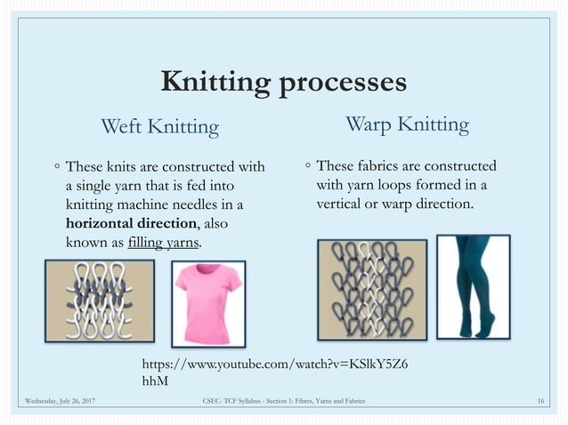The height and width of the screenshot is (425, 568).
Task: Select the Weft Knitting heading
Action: pyautogui.click(x=160, y=126)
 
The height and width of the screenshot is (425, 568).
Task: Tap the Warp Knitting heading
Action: pyautogui.click(x=407, y=124)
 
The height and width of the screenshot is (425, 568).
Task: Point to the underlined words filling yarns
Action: pyautogui.click(x=164, y=242)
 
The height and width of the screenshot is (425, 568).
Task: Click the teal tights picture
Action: pyautogui.click(x=473, y=286)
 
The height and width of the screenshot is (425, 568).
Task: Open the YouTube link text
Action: pyautogui.click(x=276, y=371)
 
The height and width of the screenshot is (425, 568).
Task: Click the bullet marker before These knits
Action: pyautogui.click(x=56, y=166)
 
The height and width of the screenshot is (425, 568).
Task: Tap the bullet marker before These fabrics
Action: pyautogui.click(x=306, y=165)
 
